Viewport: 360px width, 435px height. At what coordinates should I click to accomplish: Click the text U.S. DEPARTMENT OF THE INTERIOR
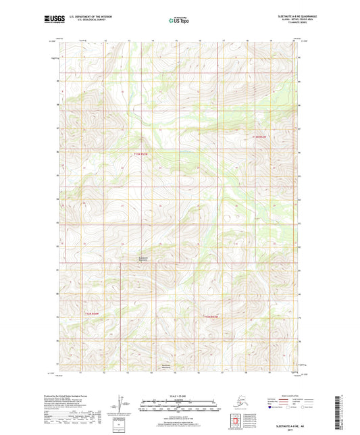pos(93,16)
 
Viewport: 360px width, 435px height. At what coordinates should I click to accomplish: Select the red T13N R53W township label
pos(140,154)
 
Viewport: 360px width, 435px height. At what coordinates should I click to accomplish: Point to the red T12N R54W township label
pos(92,314)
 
